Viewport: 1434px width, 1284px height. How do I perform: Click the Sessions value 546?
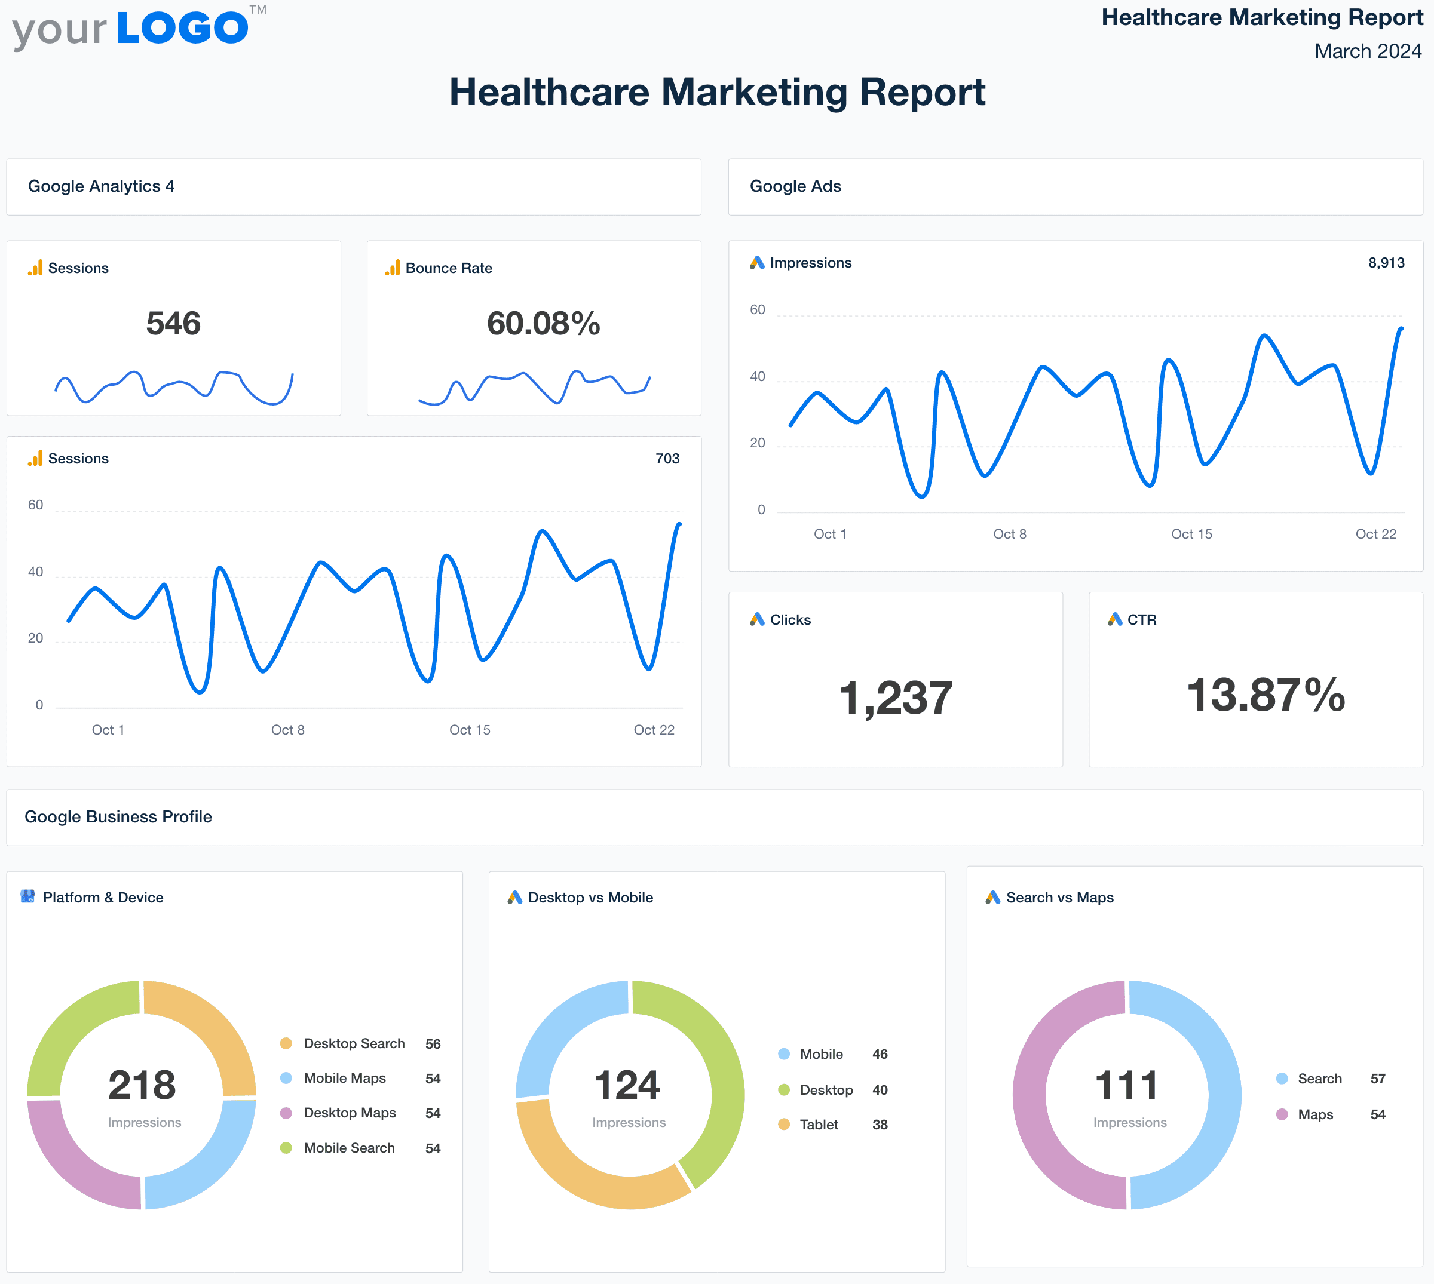pos(174,324)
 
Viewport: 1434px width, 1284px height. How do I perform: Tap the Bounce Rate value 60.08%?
pos(543,324)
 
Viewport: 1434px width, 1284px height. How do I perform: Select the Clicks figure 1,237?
pos(895,698)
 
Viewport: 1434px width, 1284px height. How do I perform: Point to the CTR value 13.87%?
pos(1266,695)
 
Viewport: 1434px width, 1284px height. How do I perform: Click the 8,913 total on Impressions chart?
pos(1386,263)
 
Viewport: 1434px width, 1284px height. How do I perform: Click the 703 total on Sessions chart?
pos(667,459)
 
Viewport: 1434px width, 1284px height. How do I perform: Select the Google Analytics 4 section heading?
pos(101,186)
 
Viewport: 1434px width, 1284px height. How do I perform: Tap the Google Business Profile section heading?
pos(118,816)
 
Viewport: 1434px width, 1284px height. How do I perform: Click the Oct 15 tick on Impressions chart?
pos(1191,534)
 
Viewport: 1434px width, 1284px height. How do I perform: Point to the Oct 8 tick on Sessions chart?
pos(288,729)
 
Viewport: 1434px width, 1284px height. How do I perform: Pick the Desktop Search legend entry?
pos(354,1043)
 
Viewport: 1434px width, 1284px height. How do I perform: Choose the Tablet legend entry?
pos(819,1125)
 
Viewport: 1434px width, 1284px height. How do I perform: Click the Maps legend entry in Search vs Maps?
pos(1314,1114)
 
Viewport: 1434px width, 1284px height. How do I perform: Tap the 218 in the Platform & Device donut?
pos(142,1085)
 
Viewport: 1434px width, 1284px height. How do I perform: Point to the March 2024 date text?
pos(1367,51)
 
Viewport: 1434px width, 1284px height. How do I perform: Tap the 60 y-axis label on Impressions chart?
pos(757,310)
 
